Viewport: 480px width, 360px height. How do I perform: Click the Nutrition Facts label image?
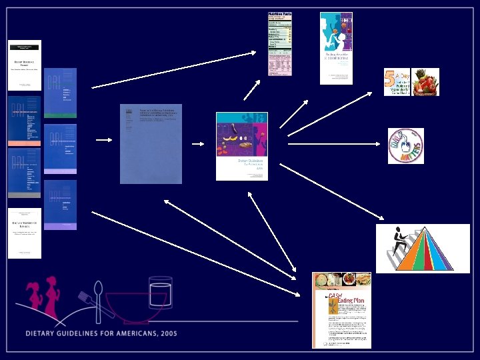tap(279, 43)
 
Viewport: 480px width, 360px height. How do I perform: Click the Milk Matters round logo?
tap(406, 146)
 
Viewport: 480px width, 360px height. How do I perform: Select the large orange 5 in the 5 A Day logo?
tap(389, 82)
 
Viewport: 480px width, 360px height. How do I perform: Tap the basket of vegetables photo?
tap(425, 82)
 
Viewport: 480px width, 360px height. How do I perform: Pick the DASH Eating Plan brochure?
tap(341, 310)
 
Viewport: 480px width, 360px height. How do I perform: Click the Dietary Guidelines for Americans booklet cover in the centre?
tap(241, 146)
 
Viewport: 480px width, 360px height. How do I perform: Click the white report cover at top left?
tap(25, 65)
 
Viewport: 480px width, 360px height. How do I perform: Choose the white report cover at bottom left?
tap(25, 233)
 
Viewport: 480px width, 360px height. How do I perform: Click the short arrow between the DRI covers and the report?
tap(103, 140)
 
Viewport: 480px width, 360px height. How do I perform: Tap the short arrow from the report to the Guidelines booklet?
tap(198, 143)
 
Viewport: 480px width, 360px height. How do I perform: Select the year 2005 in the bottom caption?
tap(166, 333)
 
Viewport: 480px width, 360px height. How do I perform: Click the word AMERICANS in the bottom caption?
tap(123, 333)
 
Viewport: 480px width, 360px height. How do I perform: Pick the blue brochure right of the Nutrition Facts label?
tap(336, 48)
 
